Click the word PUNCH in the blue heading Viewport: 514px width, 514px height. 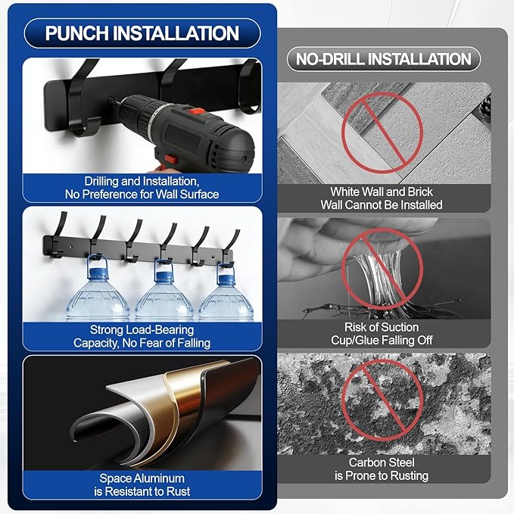coord(77,33)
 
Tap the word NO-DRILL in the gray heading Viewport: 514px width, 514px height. coord(330,59)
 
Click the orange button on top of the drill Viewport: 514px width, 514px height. coord(196,112)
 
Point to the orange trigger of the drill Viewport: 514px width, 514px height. coord(171,160)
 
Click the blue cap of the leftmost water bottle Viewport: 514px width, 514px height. coord(98,272)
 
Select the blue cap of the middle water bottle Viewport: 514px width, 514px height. coord(164,275)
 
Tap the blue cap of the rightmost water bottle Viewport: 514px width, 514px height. coord(226,279)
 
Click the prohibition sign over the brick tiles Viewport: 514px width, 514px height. coord(382,132)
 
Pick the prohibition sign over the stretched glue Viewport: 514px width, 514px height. coord(382,269)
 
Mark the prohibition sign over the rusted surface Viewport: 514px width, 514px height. coord(382,400)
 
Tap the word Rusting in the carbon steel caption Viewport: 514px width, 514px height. coord(408,475)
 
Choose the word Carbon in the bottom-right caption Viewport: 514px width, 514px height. coord(364,463)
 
